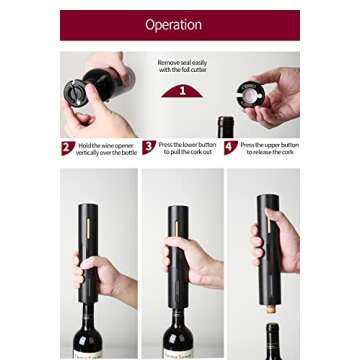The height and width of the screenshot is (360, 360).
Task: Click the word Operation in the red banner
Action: tap(173, 25)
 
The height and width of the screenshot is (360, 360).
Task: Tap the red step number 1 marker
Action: tap(182, 92)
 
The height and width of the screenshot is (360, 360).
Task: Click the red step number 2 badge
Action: tap(67, 148)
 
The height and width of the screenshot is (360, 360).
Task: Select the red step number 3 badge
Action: tap(149, 148)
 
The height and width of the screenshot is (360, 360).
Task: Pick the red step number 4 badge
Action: tap(230, 148)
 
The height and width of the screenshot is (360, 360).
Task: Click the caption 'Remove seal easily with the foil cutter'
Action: tap(182, 66)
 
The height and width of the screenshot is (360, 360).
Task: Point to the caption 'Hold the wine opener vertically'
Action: tap(104, 148)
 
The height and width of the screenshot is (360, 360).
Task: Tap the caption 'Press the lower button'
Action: tap(187, 148)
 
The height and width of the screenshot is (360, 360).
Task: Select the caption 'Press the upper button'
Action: tap(268, 148)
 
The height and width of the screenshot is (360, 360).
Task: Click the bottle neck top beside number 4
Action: tap(225, 127)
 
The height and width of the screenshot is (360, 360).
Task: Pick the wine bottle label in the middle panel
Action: tap(179, 352)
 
